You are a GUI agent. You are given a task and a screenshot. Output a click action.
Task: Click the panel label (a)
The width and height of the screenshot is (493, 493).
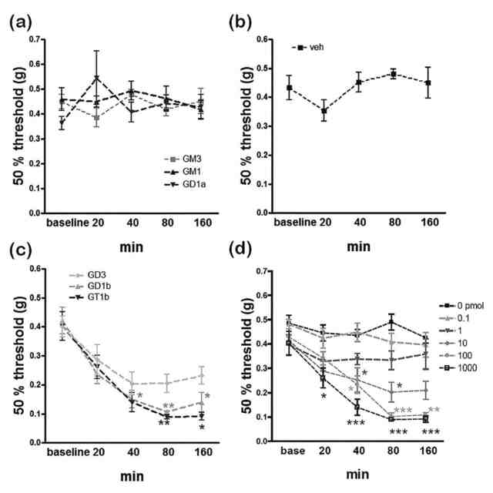coord(22,21)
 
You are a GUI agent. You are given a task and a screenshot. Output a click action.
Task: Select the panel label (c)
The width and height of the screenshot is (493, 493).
coord(22,251)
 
